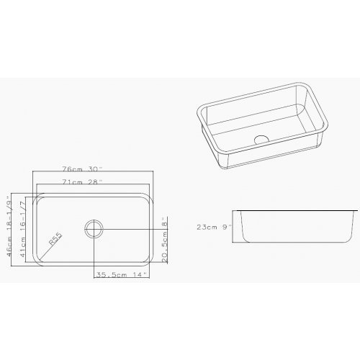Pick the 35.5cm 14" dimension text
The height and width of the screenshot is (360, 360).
pos(121,274)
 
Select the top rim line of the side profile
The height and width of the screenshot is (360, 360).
pos(295,211)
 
